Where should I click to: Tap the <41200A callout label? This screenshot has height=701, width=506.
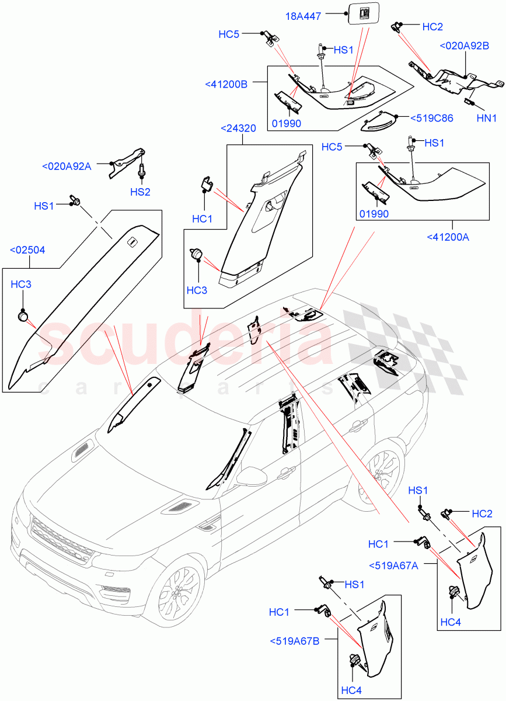pos(448,237)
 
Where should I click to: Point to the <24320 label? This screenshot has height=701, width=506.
pos(239,128)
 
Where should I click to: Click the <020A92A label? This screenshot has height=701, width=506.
pos(67,166)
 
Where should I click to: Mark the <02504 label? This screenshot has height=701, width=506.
pos(27,250)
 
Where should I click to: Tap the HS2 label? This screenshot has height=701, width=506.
pos(140,192)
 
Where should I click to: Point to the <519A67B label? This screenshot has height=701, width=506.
pos(295,641)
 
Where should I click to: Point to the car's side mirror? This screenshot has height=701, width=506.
pos(252,474)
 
